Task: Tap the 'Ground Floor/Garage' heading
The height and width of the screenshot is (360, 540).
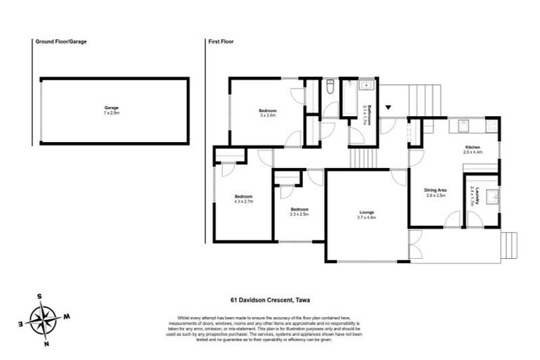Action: point(61,41)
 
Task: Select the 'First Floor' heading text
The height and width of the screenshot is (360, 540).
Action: point(221,41)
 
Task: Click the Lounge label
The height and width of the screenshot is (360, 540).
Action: point(366,213)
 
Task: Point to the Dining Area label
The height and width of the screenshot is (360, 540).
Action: point(435,190)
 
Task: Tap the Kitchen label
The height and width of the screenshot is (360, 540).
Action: point(472,147)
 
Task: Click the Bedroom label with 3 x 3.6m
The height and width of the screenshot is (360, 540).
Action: point(267,110)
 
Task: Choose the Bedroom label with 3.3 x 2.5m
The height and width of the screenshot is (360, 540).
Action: point(299,209)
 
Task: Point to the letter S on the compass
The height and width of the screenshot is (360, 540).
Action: point(40,295)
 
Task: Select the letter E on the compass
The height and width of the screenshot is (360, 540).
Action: point(22,324)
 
